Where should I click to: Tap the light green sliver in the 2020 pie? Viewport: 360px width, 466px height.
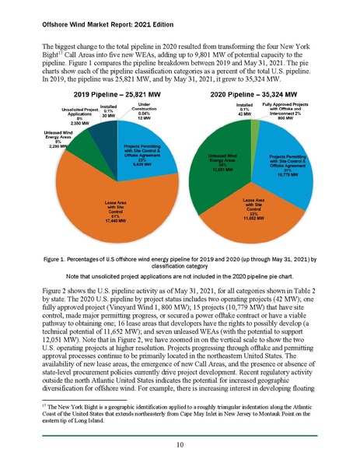255,125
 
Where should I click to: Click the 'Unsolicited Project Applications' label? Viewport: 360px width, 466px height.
61,113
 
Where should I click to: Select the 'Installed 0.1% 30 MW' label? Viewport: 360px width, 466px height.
109,110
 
